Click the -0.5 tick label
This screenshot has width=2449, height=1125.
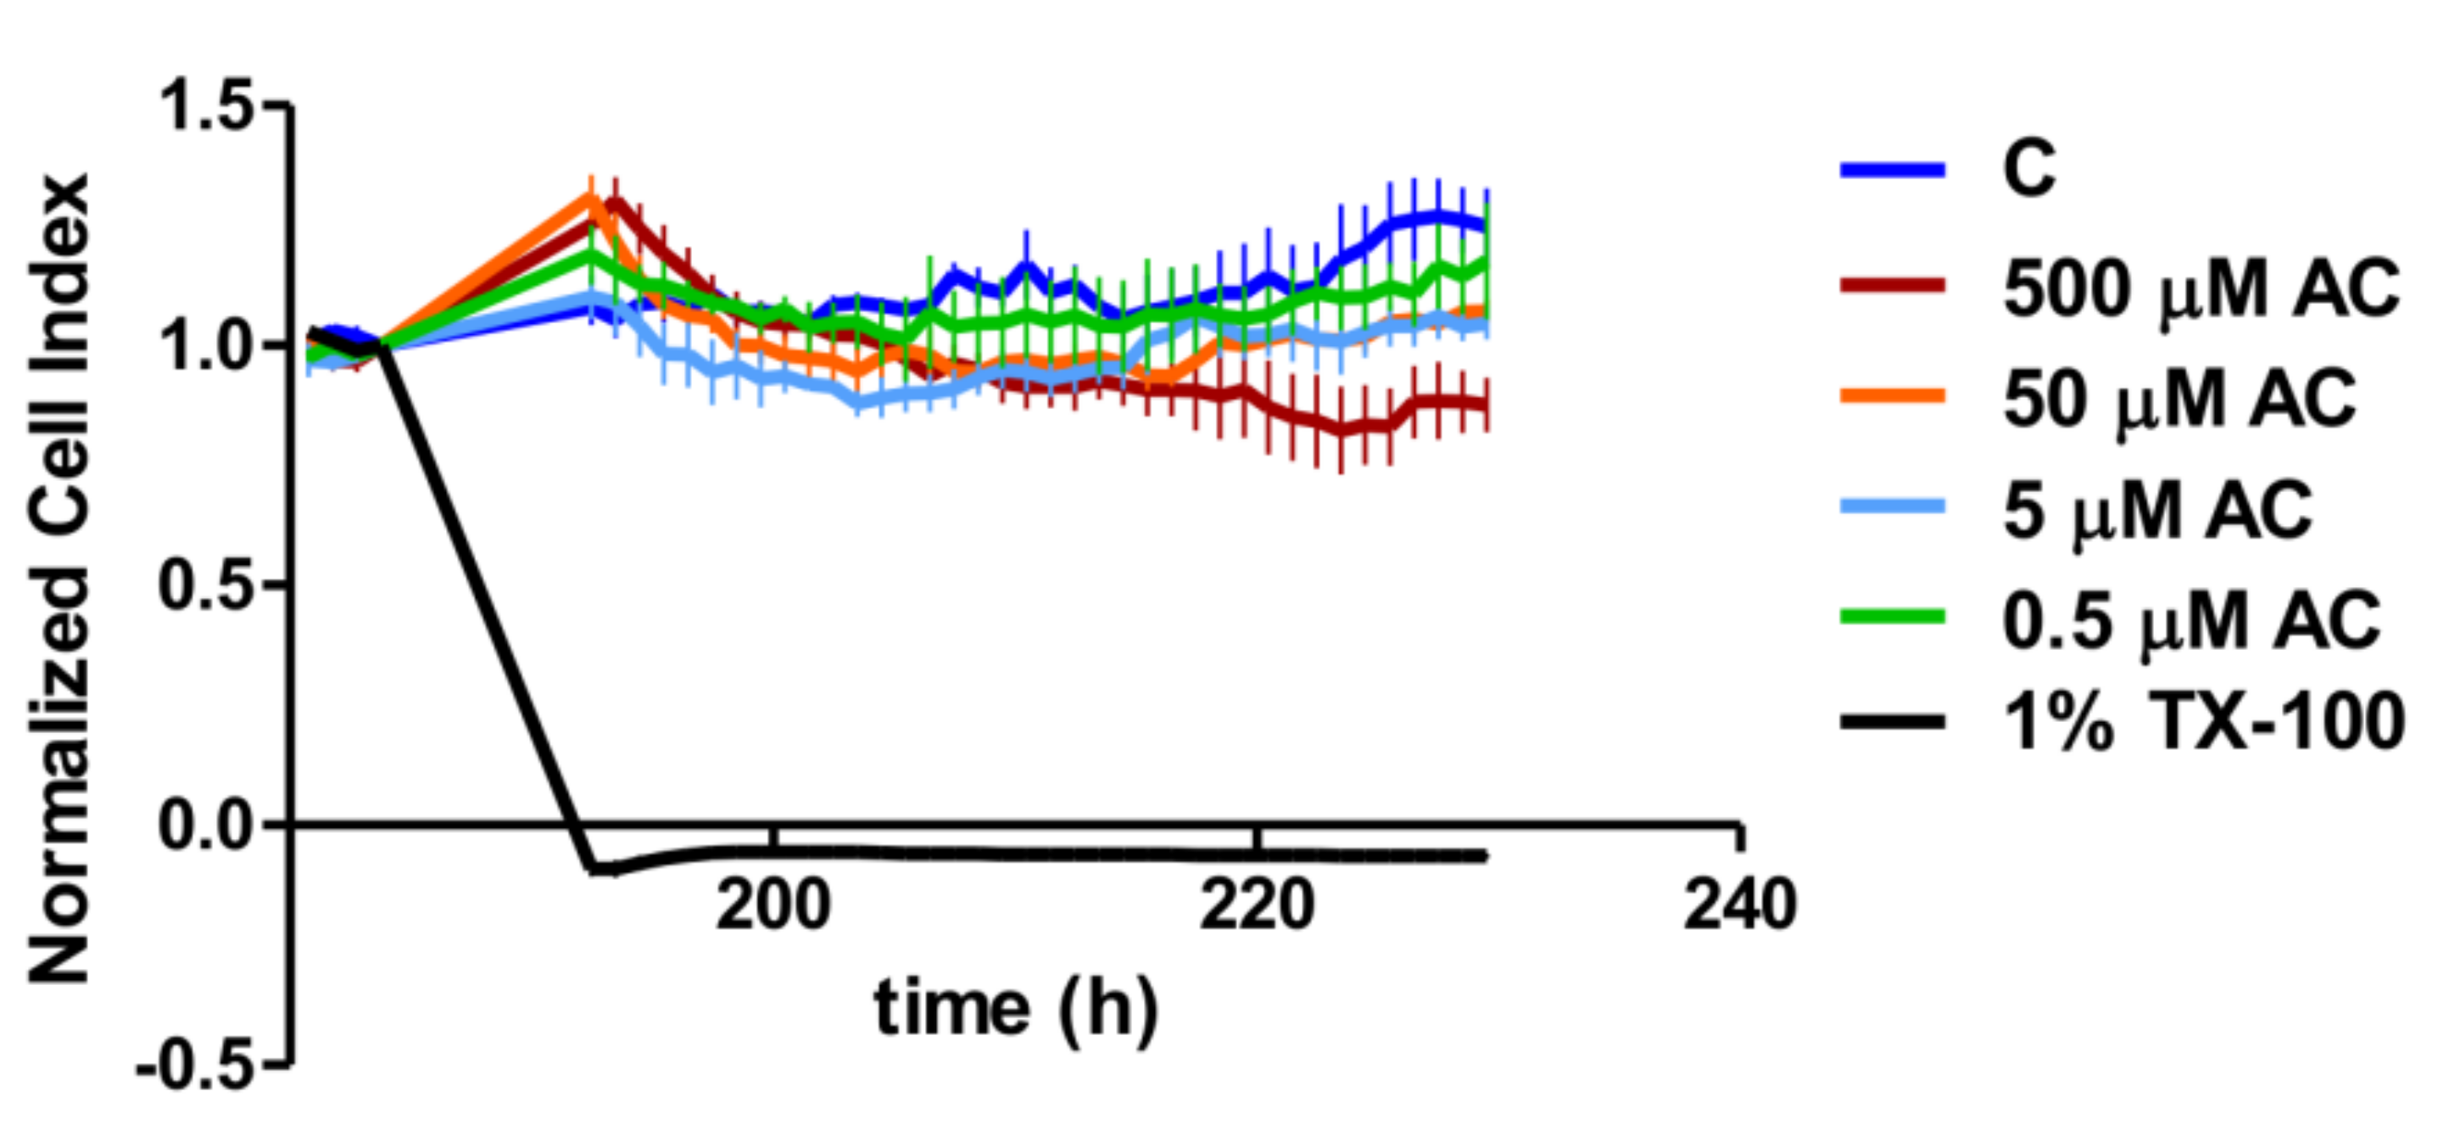coord(196,1065)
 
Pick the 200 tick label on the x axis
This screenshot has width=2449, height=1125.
coord(773,904)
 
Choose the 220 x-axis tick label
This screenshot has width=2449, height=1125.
coord(1257,904)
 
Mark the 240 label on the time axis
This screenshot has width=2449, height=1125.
coord(1740,904)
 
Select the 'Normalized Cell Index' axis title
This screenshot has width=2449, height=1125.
coord(59,578)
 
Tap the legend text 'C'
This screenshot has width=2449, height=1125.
coord(2028,170)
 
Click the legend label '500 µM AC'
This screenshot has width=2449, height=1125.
coord(2200,288)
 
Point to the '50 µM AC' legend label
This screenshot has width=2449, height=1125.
coord(2179,399)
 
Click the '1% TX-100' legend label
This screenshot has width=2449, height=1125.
coord(2204,722)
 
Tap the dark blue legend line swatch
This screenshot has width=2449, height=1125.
coord(1892,171)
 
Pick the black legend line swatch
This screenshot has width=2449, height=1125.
coord(1892,722)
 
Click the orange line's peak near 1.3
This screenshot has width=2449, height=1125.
coord(591,196)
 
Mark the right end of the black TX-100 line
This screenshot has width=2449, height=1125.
coord(1485,856)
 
